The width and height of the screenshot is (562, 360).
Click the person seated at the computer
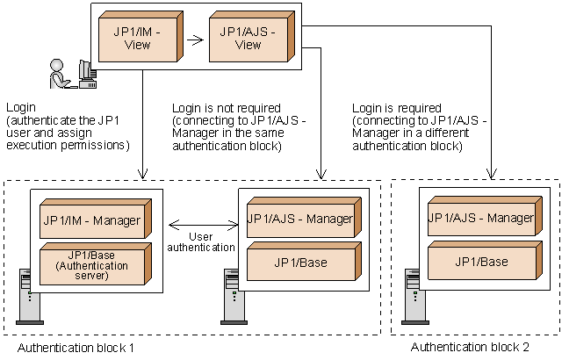60,74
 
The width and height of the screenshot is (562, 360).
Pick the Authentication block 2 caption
470,347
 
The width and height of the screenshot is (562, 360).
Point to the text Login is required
393,107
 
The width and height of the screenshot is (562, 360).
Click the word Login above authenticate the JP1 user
20,107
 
